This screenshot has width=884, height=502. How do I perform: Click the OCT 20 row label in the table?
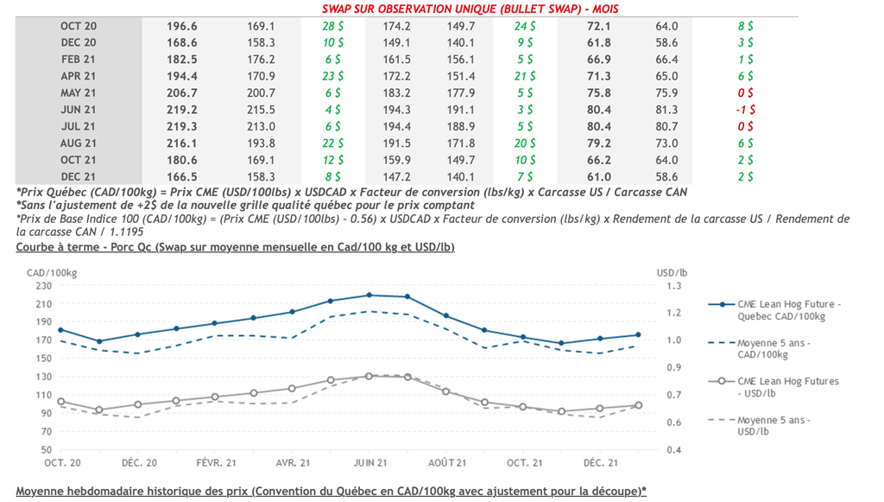coord(78,27)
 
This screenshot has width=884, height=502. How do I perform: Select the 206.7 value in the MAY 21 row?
coord(181,93)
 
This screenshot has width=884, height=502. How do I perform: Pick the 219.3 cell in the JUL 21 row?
coord(181,126)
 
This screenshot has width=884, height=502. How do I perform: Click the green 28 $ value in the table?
coord(333,27)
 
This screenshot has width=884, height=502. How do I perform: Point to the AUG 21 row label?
coord(78,143)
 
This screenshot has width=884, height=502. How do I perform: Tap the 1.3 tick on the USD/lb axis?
coord(673,285)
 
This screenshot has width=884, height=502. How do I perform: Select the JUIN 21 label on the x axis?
coord(369,463)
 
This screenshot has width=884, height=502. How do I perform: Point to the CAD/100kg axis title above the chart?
coord(48,272)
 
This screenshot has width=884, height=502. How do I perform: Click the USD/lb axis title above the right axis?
coord(672,272)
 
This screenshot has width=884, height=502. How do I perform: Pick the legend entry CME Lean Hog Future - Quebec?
coord(787,309)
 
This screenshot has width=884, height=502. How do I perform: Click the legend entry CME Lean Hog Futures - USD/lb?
coord(787,386)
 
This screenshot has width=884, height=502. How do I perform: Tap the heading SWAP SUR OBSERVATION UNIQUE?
coord(470,9)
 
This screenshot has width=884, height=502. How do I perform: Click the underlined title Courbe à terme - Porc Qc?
coord(235,247)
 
